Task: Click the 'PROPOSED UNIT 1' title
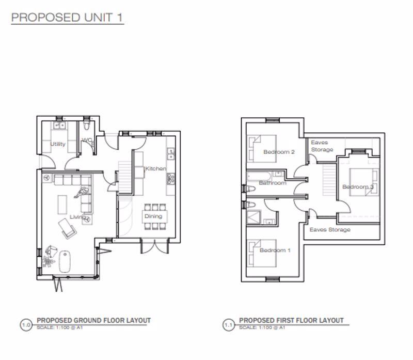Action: (x=67, y=17)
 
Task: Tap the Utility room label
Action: (x=58, y=144)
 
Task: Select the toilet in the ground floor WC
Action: (x=87, y=126)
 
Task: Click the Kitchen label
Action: (x=155, y=169)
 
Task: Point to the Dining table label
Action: (x=153, y=216)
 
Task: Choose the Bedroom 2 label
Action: (x=279, y=152)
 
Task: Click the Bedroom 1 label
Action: (x=275, y=251)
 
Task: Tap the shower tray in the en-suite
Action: (x=253, y=217)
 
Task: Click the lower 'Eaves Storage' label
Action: (x=329, y=229)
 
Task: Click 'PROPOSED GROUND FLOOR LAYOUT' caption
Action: (x=93, y=321)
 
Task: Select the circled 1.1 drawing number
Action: (x=228, y=325)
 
